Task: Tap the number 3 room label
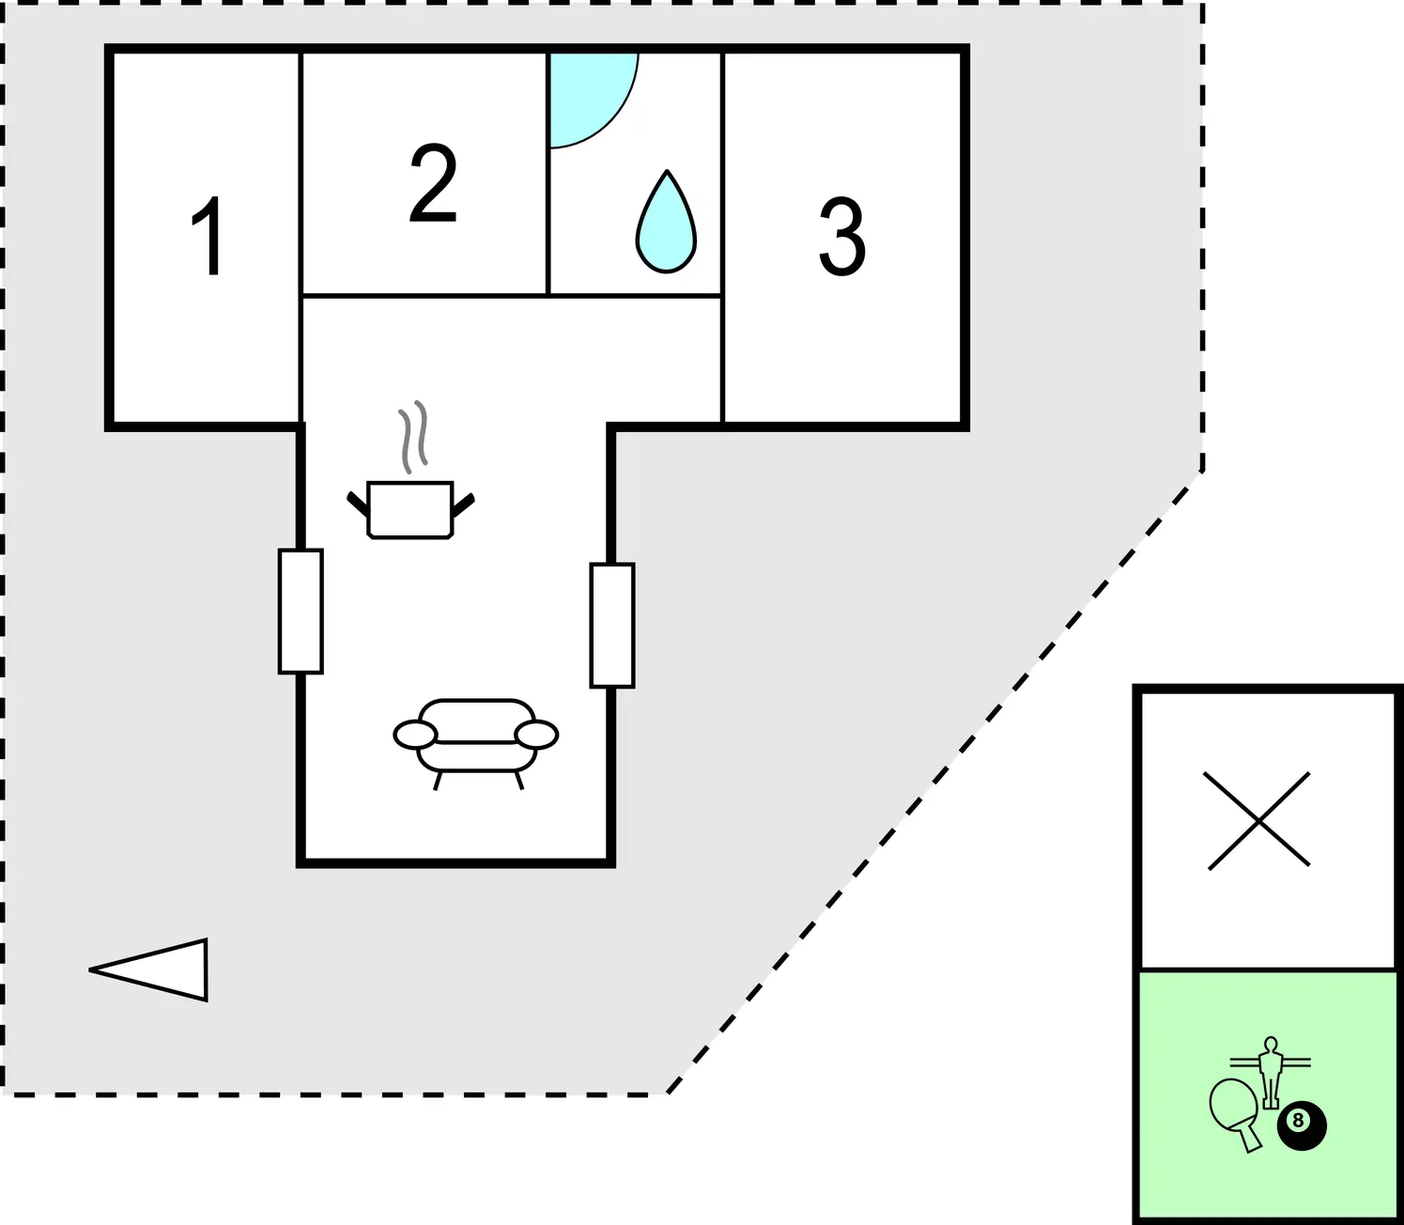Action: tap(842, 237)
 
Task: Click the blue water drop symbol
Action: tap(666, 222)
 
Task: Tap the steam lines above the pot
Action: tap(413, 437)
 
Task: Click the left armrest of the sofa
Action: tap(414, 735)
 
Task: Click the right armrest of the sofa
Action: tap(536, 735)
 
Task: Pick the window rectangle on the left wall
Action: tap(301, 612)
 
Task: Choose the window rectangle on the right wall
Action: tap(612, 626)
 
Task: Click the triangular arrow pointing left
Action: tap(148, 969)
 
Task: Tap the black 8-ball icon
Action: tap(1302, 1126)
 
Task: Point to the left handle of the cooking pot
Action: tap(358, 504)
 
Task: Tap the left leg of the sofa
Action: tap(438, 781)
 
